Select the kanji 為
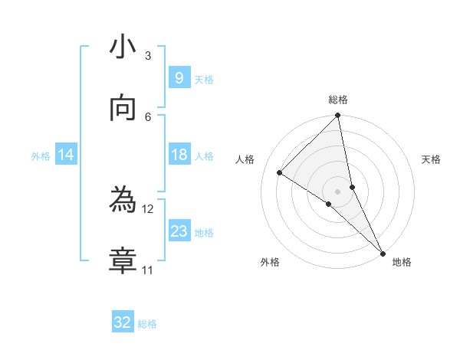(x=123, y=201)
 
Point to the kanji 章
(x=123, y=260)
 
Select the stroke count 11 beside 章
(x=148, y=270)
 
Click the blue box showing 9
(x=179, y=78)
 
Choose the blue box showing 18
(x=179, y=155)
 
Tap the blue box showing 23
(x=179, y=231)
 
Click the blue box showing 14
(x=66, y=155)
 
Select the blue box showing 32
(x=123, y=322)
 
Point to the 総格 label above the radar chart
(x=338, y=100)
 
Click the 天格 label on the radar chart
(x=431, y=159)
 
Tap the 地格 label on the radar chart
(x=402, y=262)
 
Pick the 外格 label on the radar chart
(x=270, y=262)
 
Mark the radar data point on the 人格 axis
(x=280, y=172)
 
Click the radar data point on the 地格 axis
(x=382, y=252)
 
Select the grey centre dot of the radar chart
(x=338, y=191)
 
